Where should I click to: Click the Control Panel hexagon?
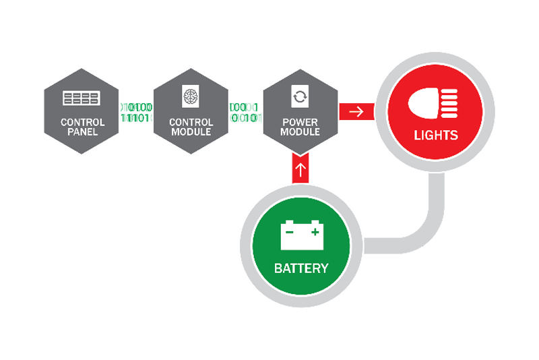pos(81,111)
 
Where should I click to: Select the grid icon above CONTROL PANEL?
pos(81,99)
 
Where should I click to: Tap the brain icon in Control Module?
pos(191,97)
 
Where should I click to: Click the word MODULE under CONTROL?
pos(191,131)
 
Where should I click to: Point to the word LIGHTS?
pos(435,135)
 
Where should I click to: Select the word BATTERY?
pos(300,268)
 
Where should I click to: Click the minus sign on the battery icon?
pos(289,233)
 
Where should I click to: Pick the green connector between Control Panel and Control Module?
pos(136,111)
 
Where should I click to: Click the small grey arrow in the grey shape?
pos(418,223)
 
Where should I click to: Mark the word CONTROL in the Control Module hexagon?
pos(191,122)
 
